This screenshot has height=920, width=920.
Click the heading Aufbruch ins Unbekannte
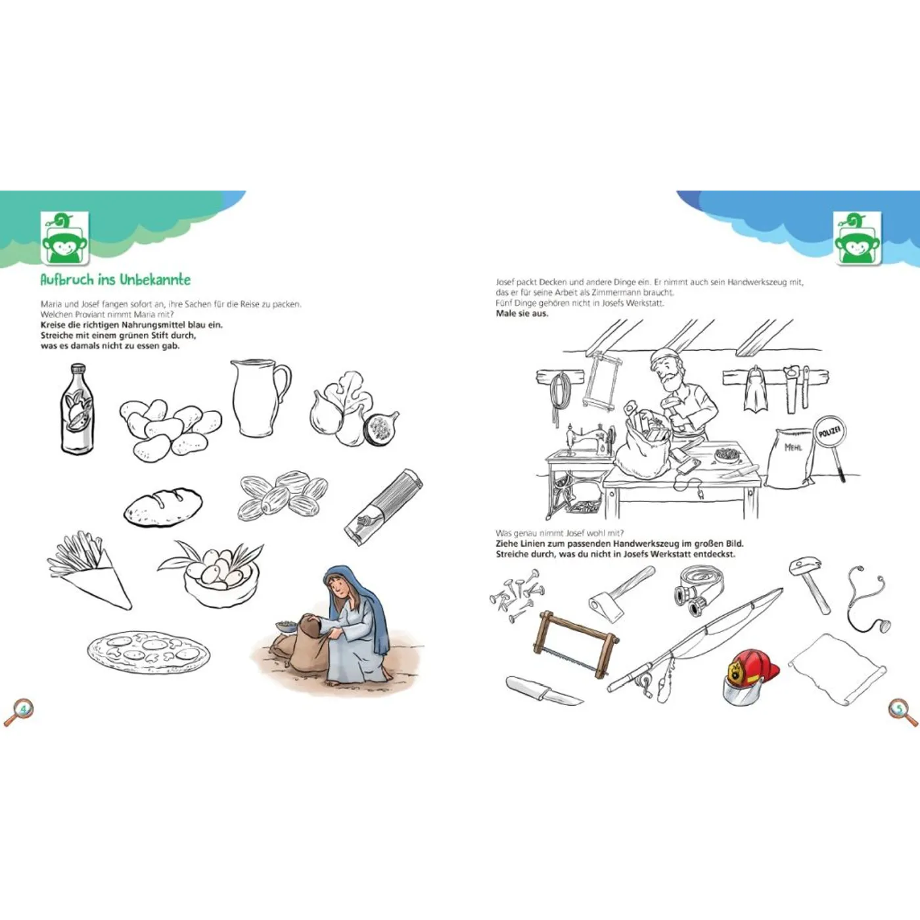[x=115, y=279]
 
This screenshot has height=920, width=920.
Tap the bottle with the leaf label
[x=78, y=409]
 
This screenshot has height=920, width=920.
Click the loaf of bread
[x=163, y=507]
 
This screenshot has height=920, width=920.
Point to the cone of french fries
[x=90, y=570]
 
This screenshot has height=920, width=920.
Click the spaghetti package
[x=383, y=507]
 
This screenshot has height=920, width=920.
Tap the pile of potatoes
[x=170, y=429]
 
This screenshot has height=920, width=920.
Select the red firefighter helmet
[x=750, y=677]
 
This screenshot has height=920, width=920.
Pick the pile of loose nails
[x=517, y=595]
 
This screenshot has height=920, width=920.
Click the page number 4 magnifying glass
[x=19, y=712]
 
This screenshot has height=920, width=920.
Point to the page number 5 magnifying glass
[x=902, y=712]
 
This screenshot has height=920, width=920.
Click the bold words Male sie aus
[x=522, y=313]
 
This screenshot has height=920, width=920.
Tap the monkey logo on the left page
[x=65, y=238]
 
